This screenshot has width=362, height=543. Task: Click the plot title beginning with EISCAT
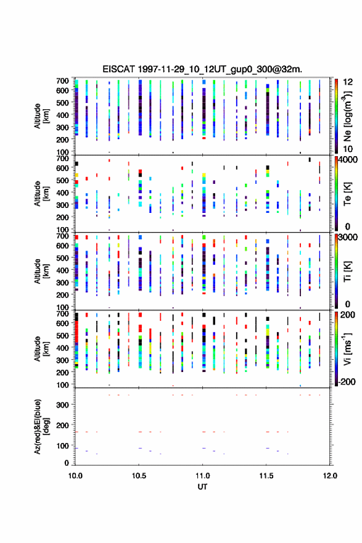[x=202, y=69]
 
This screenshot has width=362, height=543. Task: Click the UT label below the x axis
[x=202, y=487]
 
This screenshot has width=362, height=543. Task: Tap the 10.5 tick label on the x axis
[x=139, y=476]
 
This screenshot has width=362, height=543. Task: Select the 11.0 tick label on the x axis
[x=202, y=476]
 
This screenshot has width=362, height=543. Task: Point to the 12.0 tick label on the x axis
[x=330, y=476]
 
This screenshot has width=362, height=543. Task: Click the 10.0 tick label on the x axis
[x=75, y=476]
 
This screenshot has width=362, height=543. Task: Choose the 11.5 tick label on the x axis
[x=266, y=476]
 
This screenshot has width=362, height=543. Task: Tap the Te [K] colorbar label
[x=347, y=194]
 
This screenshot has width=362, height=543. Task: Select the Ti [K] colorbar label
[x=347, y=271]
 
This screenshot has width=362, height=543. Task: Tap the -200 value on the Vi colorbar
[x=347, y=382]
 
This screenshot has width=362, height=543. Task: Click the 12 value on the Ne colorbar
[x=348, y=83]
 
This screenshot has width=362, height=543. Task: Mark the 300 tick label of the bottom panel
[x=62, y=405]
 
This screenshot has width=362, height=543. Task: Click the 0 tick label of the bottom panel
[x=67, y=463]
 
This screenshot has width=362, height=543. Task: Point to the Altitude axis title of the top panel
[x=41, y=116]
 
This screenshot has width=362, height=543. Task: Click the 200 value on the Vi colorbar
[x=347, y=315]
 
